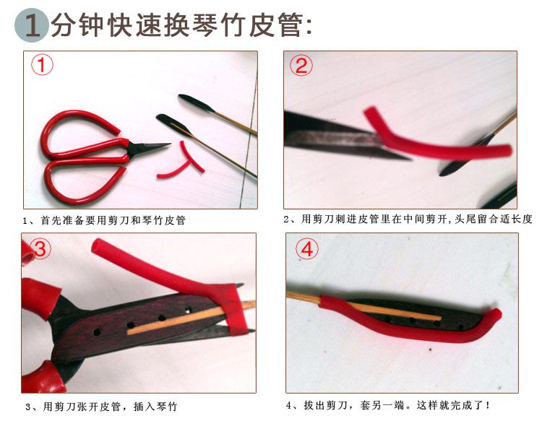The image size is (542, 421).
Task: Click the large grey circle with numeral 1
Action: [32, 25]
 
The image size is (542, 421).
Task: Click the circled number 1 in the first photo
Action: [42, 64]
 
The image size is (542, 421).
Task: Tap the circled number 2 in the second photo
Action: [301, 66]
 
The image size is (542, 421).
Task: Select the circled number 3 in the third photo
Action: [40, 248]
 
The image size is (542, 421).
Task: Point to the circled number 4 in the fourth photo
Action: [307, 248]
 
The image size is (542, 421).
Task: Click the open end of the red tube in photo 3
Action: [99, 246]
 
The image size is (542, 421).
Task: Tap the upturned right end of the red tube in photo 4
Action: [494, 316]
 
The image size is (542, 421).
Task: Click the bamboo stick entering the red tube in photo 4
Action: [304, 298]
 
